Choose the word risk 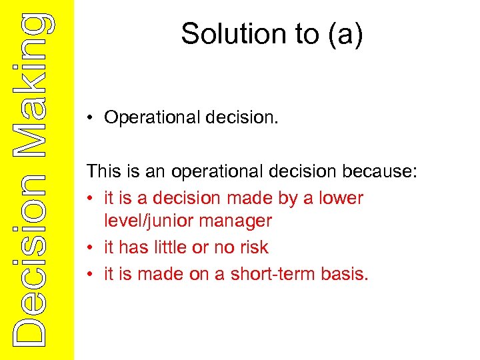coord(253,247)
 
